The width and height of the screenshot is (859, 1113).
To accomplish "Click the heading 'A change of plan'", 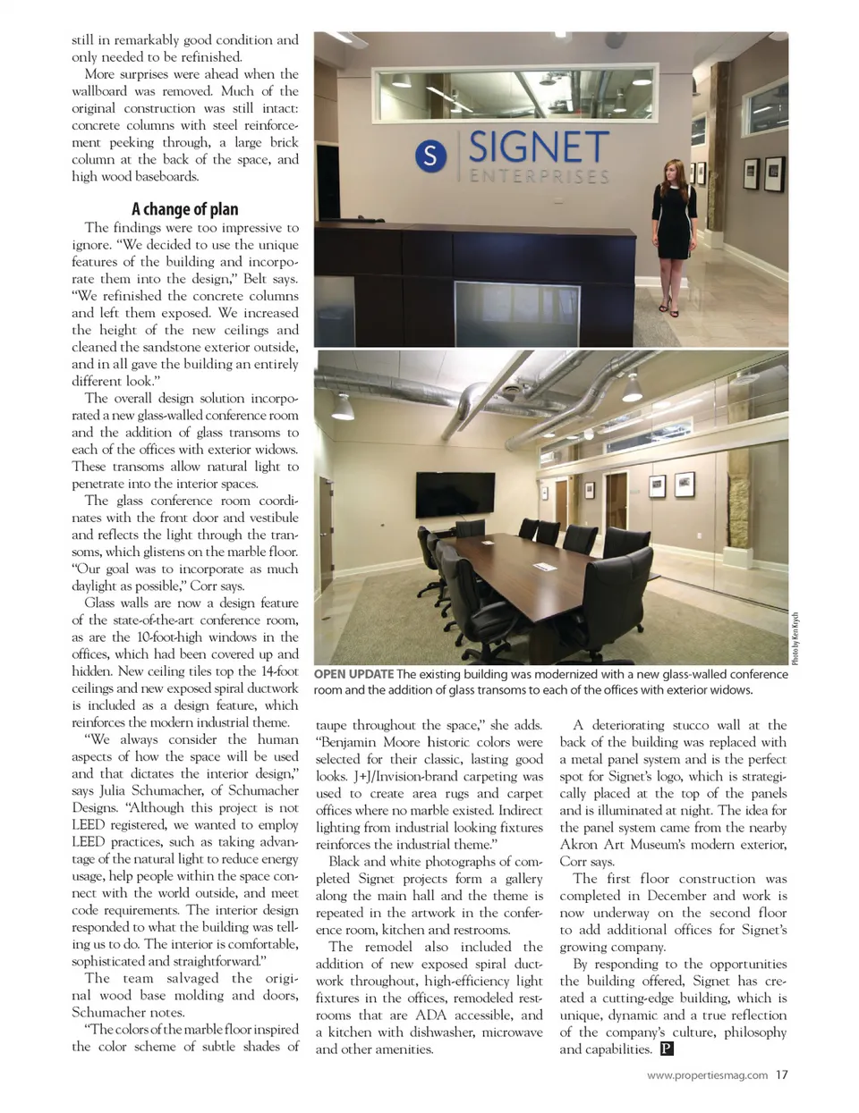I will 185,209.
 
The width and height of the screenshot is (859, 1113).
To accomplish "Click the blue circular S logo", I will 430,156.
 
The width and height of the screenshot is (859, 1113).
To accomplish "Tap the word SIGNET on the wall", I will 539,148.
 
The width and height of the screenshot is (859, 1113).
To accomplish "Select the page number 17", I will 782,1075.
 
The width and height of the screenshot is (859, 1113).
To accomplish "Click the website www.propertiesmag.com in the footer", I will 706,1075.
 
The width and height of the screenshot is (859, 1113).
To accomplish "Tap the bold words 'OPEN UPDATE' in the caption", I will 353,674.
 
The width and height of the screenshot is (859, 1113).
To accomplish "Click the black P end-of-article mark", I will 666,1050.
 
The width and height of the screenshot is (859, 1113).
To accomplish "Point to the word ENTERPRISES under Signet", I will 539,176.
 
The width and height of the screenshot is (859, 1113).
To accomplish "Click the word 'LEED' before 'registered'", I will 89,824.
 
